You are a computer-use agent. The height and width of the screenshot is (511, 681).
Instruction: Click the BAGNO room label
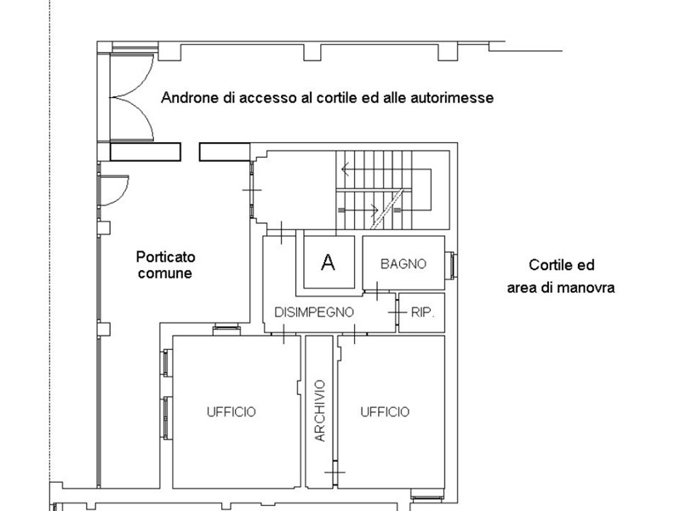(403, 264)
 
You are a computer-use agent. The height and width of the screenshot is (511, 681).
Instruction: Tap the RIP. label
(422, 313)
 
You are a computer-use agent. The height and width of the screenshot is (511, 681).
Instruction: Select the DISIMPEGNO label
(314, 312)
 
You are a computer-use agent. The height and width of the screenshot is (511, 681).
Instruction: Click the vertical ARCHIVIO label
(320, 411)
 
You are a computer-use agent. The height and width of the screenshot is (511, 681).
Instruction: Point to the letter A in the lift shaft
(328, 262)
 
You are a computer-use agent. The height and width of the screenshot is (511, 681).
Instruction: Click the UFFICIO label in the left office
(231, 411)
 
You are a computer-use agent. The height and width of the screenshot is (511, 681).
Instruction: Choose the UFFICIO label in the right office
(385, 411)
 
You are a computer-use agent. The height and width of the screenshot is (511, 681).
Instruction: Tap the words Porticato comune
(165, 265)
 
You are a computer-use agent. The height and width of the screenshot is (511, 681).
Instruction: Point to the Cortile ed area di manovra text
(561, 276)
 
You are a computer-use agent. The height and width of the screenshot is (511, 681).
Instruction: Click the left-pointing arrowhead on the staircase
(346, 169)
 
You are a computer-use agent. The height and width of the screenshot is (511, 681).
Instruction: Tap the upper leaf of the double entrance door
(132, 75)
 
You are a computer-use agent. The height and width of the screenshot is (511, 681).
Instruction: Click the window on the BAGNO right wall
(452, 265)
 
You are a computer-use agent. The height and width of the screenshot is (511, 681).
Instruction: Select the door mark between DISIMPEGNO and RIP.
(397, 313)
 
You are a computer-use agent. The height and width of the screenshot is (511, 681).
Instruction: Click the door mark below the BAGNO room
(376, 290)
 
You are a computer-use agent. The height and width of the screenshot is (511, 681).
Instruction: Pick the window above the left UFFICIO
(226, 330)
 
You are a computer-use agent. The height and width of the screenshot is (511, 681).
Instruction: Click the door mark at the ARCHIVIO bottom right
(335, 472)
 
